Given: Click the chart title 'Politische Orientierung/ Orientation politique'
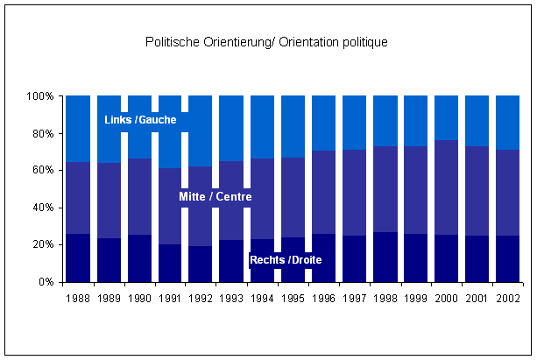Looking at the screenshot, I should coord(265,42).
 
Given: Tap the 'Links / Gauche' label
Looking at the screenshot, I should coord(146,120).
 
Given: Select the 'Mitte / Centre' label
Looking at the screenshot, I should coord(216,197).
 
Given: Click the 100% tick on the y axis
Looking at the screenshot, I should coord(43,95).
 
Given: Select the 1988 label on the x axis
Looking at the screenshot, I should coord(78,298).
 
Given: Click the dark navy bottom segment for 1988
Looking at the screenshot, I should coord(78,258).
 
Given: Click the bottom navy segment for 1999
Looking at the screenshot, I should coord(414,258).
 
